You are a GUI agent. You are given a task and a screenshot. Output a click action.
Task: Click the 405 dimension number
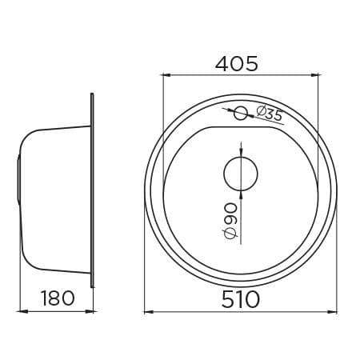(x=237, y=64)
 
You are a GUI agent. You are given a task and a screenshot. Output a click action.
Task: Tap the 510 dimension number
(x=240, y=299)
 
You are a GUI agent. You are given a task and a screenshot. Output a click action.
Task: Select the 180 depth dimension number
(x=58, y=298)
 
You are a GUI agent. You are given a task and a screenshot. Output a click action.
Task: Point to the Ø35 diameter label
(x=269, y=114)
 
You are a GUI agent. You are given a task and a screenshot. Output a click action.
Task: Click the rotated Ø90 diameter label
(x=230, y=221)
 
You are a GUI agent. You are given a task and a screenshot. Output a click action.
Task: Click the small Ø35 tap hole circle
(x=241, y=114)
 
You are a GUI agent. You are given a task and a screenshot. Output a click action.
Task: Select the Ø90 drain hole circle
(x=241, y=174)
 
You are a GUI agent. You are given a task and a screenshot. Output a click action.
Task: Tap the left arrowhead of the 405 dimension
(x=166, y=75)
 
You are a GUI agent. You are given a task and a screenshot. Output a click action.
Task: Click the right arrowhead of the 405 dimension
(x=314, y=75)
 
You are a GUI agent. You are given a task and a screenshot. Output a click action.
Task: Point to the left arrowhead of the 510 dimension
(x=149, y=312)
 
